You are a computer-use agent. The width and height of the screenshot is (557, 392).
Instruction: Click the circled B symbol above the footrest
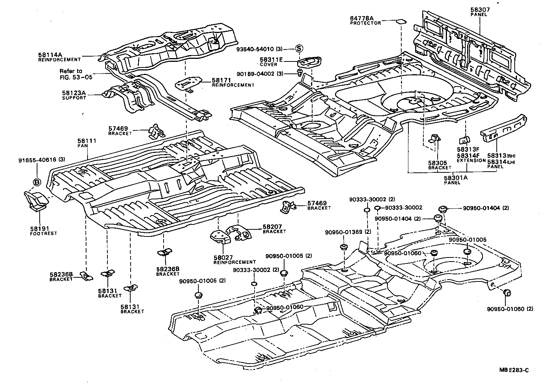click(37, 182)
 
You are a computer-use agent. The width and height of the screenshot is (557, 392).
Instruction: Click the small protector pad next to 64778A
click(401, 21)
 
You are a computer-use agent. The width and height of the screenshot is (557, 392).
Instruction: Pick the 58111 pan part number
click(87, 141)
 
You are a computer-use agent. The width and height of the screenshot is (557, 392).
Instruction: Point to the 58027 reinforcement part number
click(223, 257)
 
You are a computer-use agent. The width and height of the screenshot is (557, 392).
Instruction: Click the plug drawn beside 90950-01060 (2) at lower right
click(508, 292)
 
